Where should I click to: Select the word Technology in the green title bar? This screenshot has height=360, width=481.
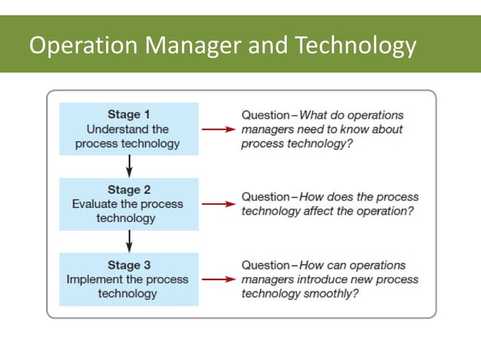click(356, 46)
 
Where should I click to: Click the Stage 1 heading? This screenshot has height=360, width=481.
click(129, 114)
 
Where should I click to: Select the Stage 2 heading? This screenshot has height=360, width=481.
click(129, 190)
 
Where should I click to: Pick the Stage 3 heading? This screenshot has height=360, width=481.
click(129, 264)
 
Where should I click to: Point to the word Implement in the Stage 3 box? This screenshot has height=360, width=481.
click(95, 279)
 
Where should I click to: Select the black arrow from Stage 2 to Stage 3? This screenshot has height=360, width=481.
click(129, 240)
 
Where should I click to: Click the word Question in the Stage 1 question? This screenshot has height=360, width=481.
click(265, 115)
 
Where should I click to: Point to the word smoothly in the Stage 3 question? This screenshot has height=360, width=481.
click(327, 293)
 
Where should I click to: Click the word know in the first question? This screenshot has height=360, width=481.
click(357, 130)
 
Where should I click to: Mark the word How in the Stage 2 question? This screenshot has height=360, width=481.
click(312, 197)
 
